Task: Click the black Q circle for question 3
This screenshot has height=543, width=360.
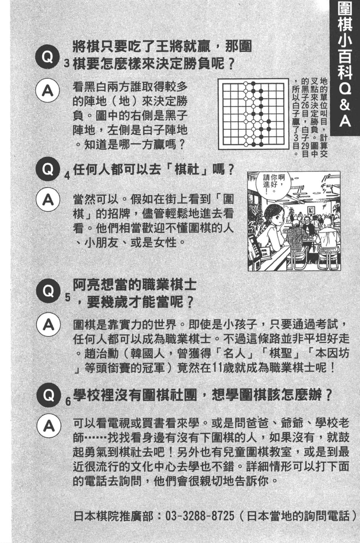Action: click(46, 57)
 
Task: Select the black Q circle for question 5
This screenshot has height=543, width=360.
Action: click(46, 291)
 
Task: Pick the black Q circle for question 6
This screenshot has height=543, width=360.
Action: click(46, 395)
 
